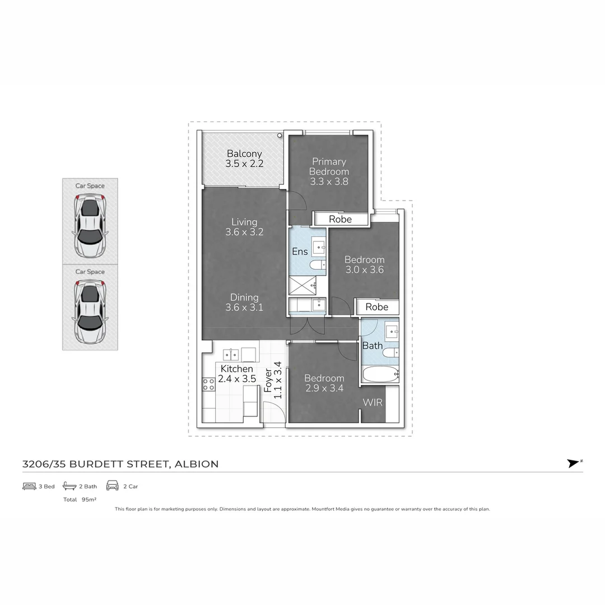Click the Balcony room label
(244, 153)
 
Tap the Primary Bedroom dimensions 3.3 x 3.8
(329, 182)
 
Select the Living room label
(244, 222)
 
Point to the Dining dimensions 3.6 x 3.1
(244, 308)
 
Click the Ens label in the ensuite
(300, 252)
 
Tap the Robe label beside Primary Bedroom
(341, 219)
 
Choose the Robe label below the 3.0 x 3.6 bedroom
(376, 307)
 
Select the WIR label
(373, 402)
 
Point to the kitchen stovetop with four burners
(209, 384)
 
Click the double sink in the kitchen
(231, 354)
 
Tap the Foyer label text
(268, 380)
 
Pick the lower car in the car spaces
(90, 312)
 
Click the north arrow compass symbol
(574, 463)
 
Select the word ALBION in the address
(197, 464)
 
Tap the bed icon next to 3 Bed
(29, 486)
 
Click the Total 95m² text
(80, 499)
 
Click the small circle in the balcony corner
(280, 136)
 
